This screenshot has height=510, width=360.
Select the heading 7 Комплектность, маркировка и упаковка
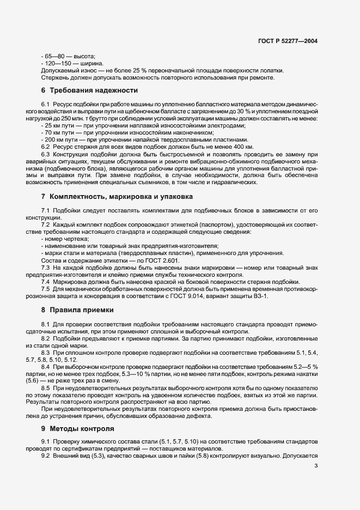[x=116, y=196]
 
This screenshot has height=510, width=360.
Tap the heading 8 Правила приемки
[x=77, y=310]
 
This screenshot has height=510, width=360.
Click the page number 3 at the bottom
[x=316, y=466]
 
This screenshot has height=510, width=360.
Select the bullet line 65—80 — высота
[x=68, y=56]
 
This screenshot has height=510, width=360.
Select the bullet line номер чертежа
[x=64, y=239]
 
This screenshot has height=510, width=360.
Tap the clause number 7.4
[x=46, y=281]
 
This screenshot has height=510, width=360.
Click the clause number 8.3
[x=46, y=353]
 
